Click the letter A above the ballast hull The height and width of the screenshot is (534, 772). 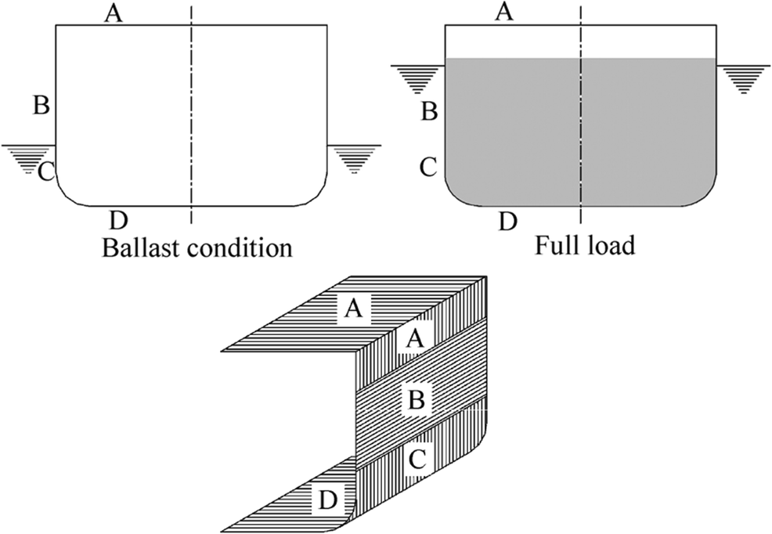click(x=114, y=13)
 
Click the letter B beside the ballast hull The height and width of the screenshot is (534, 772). click(x=41, y=105)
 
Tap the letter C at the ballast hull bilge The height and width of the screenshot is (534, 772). click(x=45, y=171)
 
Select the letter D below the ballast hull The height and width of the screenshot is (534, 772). click(x=118, y=221)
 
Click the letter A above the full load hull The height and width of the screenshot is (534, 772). click(x=503, y=11)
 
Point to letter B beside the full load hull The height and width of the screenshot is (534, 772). click(x=429, y=111)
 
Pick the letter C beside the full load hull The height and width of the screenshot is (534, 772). click(x=428, y=168)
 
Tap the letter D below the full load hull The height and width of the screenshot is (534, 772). click(x=508, y=222)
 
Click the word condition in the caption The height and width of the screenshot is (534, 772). click(x=240, y=247)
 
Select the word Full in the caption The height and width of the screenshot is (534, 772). click(x=555, y=244)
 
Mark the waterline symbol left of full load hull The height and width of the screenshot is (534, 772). click(x=417, y=79)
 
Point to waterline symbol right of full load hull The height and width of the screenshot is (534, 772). click(x=744, y=79)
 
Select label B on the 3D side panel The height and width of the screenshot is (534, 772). click(x=417, y=399)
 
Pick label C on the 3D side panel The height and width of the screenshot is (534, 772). click(x=417, y=460)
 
